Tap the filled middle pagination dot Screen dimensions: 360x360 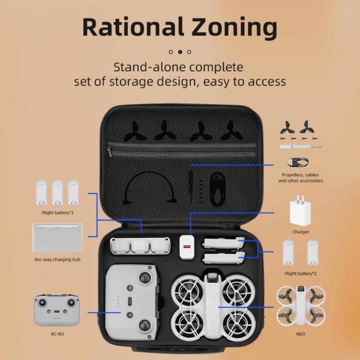pyautogui.click(x=180, y=52)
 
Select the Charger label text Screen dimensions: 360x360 pyautogui.click(x=301, y=232)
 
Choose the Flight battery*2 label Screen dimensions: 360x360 pyautogui.click(x=301, y=273)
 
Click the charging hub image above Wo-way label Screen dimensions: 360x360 pyautogui.click(x=57, y=238)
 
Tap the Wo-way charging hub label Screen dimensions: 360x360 pyautogui.click(x=57, y=260)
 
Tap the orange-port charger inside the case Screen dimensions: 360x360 pyautogui.click(x=186, y=247)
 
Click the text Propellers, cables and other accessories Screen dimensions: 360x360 pyautogui.click(x=301, y=178)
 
